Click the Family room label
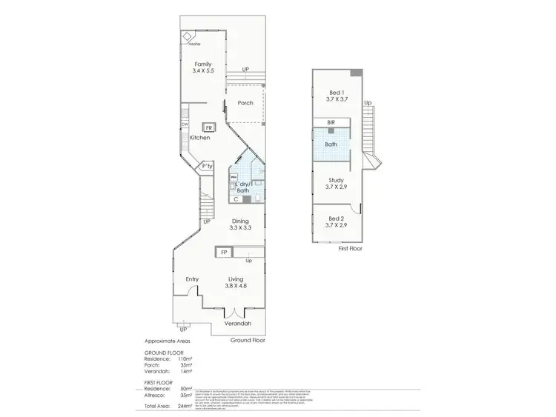coord(202,64)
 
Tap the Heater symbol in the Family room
coord(188,37)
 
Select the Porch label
coord(245,103)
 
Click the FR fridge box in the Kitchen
coord(210,127)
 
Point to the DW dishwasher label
coord(184,124)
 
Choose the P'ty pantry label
coord(208,167)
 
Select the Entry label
coord(193,278)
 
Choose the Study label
coord(337,179)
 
